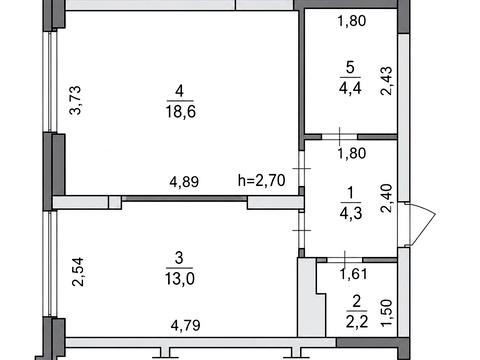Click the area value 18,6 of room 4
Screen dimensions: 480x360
[181, 111]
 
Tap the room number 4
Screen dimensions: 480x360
[179, 91]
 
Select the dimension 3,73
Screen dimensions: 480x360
[75, 100]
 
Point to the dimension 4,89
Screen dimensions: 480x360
[184, 182]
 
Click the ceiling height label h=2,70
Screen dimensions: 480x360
[262, 180]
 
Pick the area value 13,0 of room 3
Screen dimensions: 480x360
[180, 278]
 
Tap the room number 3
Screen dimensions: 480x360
[179, 258]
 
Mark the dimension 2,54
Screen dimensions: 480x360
[78, 272]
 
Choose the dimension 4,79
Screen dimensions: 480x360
[185, 325]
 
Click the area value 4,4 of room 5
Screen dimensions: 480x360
[350, 88]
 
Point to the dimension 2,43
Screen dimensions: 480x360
[387, 81]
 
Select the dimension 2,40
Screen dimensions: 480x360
[387, 198]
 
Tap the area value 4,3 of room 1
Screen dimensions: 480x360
[351, 213]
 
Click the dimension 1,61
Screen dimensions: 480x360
[353, 274]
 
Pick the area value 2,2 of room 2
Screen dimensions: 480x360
[357, 322]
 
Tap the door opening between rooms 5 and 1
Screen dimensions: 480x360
[339, 137]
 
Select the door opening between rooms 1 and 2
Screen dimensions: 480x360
[345, 260]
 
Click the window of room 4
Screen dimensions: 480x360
[50, 81]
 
